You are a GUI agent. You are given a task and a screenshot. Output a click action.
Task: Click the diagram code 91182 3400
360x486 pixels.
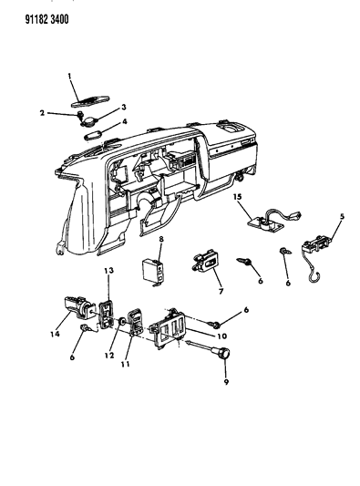pos(46,20)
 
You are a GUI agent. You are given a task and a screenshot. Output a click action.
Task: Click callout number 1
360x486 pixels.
pos(69,76)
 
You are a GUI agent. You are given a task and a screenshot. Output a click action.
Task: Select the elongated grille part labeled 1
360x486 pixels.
pos(90,100)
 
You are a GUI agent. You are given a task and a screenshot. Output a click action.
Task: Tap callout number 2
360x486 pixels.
pos(43,113)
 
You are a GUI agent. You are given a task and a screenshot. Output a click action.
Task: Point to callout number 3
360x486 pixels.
pos(124,108)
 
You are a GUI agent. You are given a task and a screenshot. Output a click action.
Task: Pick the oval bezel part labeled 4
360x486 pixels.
pos(93,135)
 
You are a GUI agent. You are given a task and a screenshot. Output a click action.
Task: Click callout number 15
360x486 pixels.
pos(238,197)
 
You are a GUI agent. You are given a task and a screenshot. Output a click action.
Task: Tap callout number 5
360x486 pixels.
pos(342,216)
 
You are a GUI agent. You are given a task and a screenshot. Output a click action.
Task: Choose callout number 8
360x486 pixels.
pos(161,239)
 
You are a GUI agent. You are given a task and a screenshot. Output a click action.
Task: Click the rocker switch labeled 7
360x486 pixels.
pos(206,263)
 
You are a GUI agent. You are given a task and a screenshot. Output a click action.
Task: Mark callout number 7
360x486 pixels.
pos(221,292)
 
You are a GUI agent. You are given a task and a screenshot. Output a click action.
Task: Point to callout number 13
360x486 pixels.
pos(108,270)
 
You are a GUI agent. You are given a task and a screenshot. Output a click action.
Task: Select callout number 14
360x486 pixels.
pos(55,334)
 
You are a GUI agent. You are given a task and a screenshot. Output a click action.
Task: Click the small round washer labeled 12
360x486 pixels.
pos(122,321)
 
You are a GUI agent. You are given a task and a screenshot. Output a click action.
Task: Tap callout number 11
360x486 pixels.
pos(125,364)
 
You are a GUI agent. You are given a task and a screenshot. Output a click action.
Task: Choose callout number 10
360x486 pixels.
pos(222,336)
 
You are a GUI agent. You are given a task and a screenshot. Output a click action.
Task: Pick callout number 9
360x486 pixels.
pos(226,382)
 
